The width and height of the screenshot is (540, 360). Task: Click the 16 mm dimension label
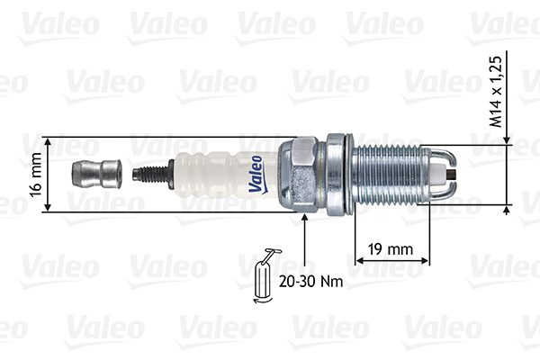[x=34, y=175]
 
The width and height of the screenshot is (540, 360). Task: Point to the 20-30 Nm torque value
[x=310, y=280]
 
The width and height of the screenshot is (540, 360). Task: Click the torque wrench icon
[x=266, y=270]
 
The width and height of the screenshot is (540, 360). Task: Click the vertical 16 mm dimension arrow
[x=48, y=175]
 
